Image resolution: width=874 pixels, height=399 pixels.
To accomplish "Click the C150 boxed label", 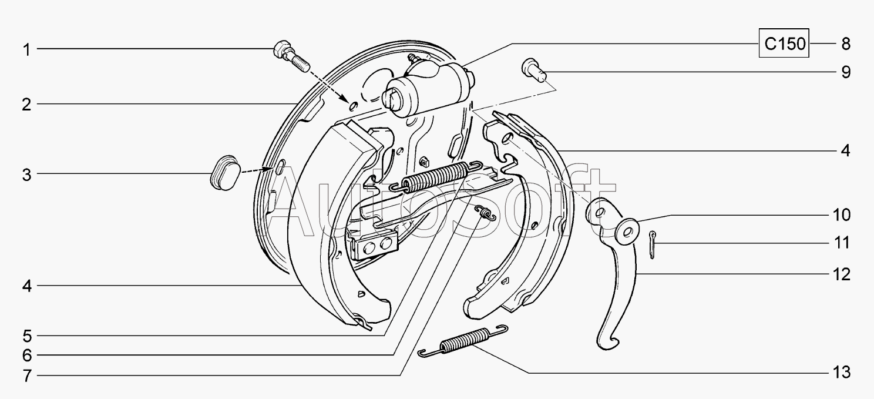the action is [x=784, y=43].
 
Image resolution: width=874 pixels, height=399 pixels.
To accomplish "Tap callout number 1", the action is [x=26, y=50].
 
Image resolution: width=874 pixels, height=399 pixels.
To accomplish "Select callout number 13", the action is [x=841, y=373].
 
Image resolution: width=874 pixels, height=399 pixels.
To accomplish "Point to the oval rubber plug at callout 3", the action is [x=225, y=173].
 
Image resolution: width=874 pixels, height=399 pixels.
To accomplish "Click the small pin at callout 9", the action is [x=534, y=71].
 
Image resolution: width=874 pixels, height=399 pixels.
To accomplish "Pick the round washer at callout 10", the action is [x=627, y=232].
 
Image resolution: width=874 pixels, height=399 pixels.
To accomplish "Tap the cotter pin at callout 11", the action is [x=652, y=245].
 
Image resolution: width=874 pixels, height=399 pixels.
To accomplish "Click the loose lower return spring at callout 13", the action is [x=463, y=341].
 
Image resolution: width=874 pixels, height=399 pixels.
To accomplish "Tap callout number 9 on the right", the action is [x=846, y=73].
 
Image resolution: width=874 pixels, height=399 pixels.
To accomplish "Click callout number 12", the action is [x=841, y=275].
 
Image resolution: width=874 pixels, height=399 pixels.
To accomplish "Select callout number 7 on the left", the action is [x=26, y=376].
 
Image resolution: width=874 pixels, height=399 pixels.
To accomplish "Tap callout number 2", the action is [x=26, y=105].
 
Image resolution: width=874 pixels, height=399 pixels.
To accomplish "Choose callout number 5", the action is [x=26, y=336].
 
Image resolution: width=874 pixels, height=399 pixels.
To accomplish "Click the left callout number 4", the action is [x=26, y=286].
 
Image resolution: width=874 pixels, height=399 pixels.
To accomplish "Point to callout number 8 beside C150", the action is [x=846, y=43].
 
